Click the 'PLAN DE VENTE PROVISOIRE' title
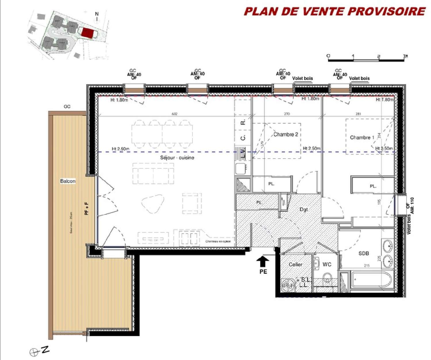click(x=334, y=11)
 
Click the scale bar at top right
click(x=366, y=60)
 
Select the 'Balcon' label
click(x=68, y=181)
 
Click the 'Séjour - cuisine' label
click(x=177, y=158)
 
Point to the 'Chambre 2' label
click(x=286, y=134)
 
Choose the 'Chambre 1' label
click(x=362, y=138)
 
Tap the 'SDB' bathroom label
click(x=363, y=253)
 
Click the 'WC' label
click(x=327, y=264)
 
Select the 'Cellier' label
click(x=295, y=264)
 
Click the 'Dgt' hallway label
click(x=304, y=209)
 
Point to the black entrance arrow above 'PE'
click(x=263, y=262)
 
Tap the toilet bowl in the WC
click(x=327, y=278)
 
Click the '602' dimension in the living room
click(x=174, y=114)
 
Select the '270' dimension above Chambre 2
click(x=287, y=114)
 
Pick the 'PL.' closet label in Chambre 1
click(x=373, y=186)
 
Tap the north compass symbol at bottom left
click(x=34, y=352)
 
